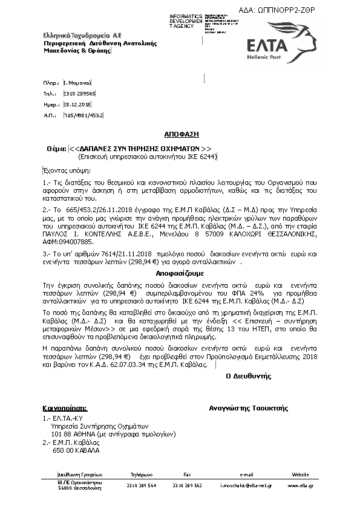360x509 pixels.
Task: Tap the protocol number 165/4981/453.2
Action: coord(83,114)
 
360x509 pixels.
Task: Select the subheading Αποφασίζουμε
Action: coord(180,273)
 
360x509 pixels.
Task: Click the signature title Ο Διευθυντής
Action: coord(248,375)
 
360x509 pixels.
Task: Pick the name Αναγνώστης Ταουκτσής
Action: coord(248,408)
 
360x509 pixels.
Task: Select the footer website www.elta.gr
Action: coord(301,485)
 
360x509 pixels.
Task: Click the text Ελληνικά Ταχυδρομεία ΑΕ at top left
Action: coord(73,36)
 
